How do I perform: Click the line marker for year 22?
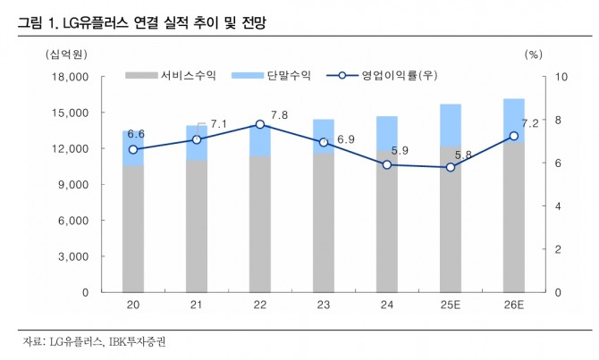260,125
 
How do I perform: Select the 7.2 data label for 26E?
529,123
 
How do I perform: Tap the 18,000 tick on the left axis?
71,78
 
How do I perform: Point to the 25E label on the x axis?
451,306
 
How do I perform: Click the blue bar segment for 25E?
451,125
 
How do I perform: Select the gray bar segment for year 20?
133,229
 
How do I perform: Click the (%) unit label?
534,54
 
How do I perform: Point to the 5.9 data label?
400,151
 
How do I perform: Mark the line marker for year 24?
387,164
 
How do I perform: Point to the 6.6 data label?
136,134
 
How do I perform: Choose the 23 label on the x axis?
324,306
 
